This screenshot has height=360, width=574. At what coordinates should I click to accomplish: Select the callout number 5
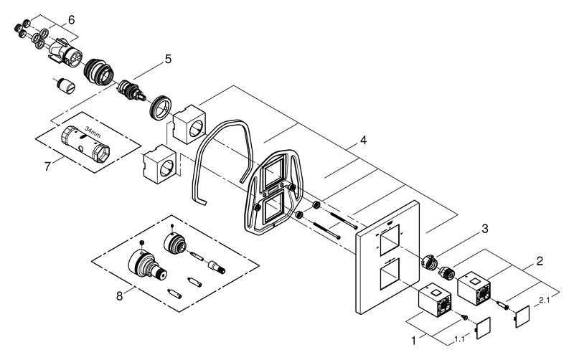[168, 60]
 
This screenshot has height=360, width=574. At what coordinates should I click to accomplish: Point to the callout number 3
[485, 229]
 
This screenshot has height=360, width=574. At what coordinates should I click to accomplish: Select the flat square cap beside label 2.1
[522, 316]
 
